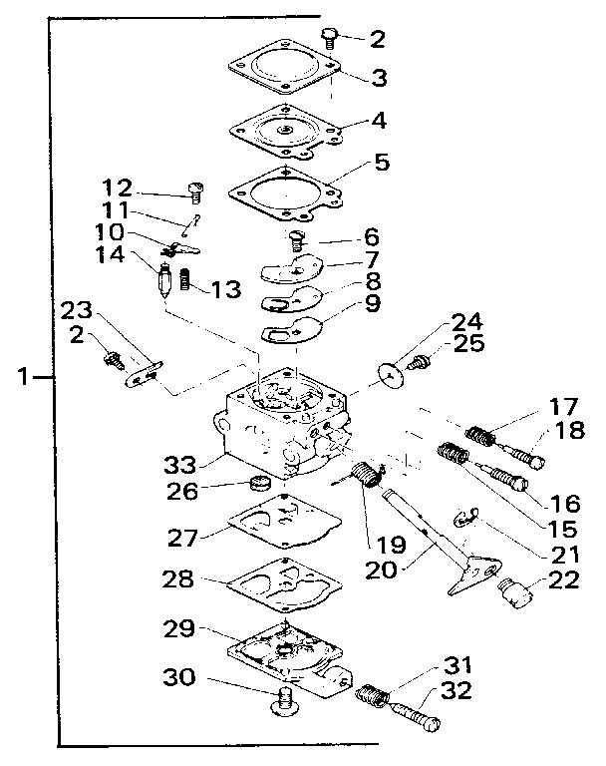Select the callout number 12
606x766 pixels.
pos(118,189)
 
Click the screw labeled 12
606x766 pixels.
pos(195,189)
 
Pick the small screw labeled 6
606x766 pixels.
pos(295,239)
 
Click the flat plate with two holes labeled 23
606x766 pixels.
pos(143,372)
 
